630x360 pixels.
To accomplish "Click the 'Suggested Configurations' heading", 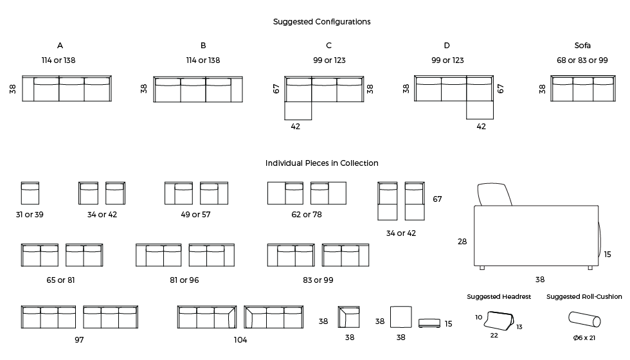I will pos(321,22).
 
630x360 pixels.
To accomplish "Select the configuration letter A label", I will pos(60,46).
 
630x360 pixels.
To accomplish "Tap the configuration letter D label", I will pos(447,46).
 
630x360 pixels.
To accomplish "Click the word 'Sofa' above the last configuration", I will pos(582,46).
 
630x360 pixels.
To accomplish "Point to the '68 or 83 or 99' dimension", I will pos(582,60).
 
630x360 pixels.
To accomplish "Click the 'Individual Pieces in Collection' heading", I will pos(321,163).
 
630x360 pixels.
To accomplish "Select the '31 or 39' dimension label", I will pos(30,215).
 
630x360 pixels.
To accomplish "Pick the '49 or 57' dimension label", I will pos(195,215).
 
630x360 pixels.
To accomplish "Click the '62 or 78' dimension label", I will pos(307,215).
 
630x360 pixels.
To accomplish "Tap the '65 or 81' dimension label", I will pos(61,280).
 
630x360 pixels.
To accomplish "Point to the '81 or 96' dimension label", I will pos(184,280).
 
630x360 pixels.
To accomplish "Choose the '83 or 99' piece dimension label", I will pos(318,280).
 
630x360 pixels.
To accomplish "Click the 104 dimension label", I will pos(240,340).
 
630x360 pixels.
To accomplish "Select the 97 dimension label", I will pos(79,340).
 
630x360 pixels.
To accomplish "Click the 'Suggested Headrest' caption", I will pos(499,297).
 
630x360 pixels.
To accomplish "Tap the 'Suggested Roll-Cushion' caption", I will pos(584,297).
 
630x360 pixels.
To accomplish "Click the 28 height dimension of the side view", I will pos(462,242).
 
